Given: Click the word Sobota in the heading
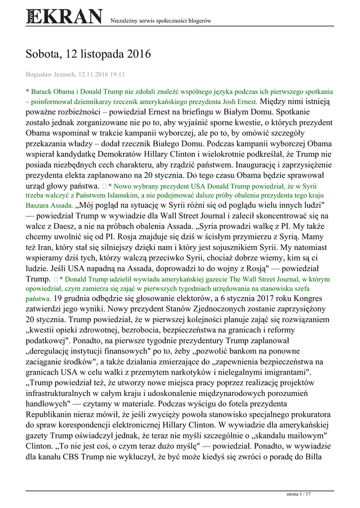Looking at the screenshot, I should click(45, 54).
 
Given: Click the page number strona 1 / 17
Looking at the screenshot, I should click(299, 495).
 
